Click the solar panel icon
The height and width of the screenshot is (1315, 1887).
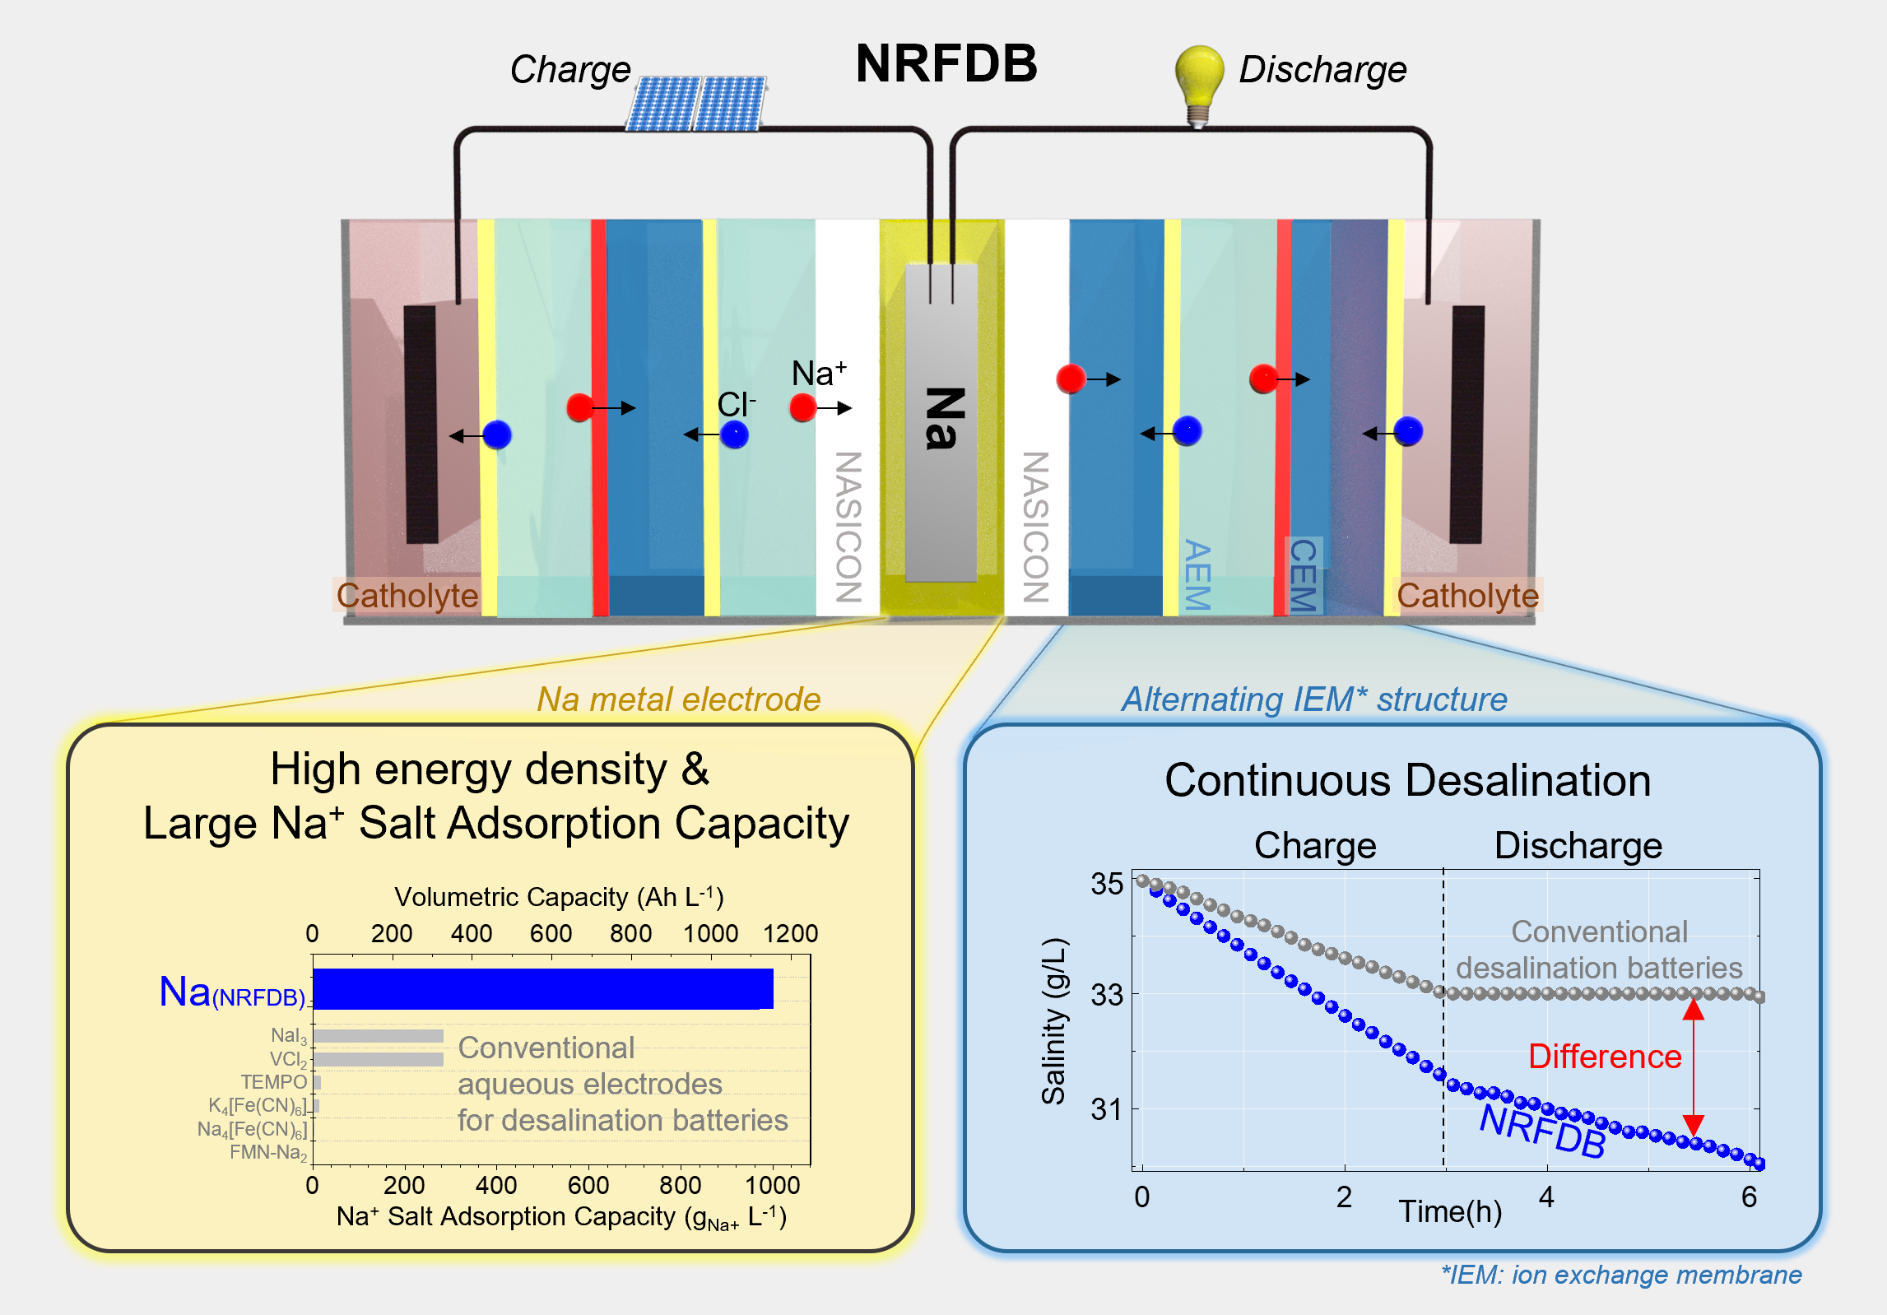point(696,104)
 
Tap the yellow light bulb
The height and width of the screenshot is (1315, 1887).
point(1198,82)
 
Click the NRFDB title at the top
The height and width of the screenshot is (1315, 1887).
point(946,63)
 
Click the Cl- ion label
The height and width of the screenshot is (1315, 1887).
point(736,404)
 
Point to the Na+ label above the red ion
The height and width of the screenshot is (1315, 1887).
point(818,374)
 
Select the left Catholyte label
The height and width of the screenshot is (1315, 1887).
point(407,595)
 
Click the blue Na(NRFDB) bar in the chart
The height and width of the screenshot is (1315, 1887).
point(543,988)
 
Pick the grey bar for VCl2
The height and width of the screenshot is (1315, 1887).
point(379,1059)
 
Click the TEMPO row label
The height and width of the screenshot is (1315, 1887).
point(273,1082)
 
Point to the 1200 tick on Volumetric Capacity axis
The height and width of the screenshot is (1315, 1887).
point(790,933)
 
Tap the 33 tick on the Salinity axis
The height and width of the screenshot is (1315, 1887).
point(1107,996)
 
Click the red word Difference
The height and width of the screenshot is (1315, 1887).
point(1604,1057)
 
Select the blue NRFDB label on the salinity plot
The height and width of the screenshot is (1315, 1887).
point(1542,1131)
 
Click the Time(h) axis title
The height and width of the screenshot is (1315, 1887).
point(1450,1211)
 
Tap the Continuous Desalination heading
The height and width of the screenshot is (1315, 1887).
point(1407,780)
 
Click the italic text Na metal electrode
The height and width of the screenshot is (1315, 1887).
point(679,699)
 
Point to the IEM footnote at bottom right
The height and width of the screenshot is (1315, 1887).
point(1620,1275)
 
